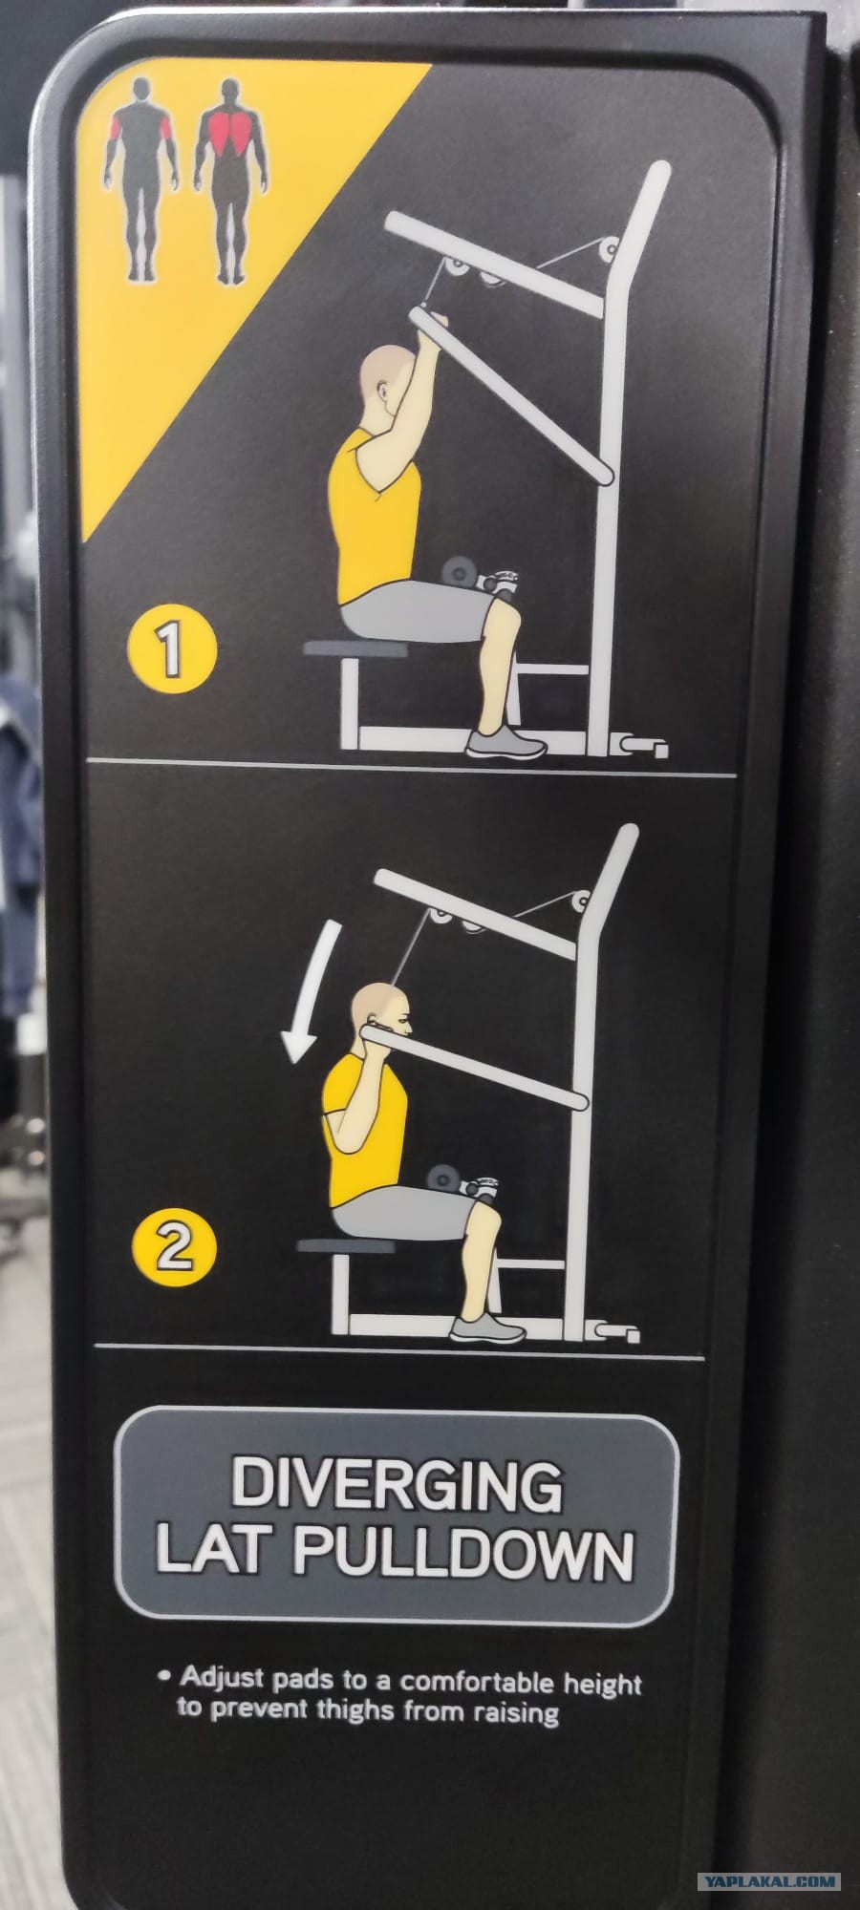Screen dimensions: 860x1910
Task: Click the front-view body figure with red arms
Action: coord(141,180)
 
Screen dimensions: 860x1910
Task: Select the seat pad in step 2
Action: coord(346,1245)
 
